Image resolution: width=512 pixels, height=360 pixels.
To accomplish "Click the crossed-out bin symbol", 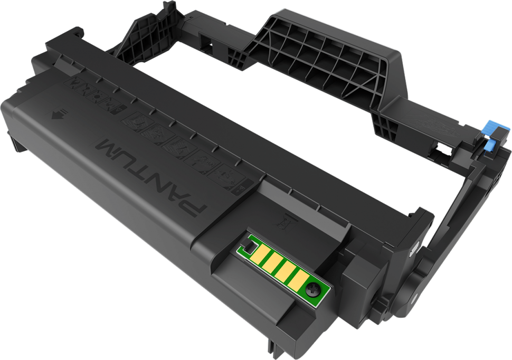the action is [x=285, y=221].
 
